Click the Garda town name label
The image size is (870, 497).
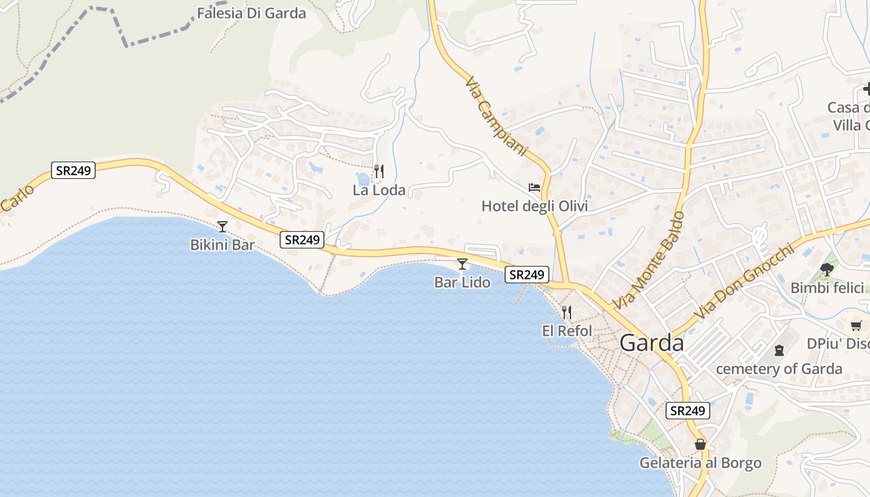coord(651,343)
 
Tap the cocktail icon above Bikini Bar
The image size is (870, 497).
coord(222,227)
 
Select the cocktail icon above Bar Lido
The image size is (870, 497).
coord(462,264)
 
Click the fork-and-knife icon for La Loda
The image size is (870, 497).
coord(378,171)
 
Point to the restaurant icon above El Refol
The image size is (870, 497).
coord(566,312)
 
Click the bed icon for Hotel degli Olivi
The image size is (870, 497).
coord(534,187)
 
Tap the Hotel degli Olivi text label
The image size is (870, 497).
coord(534,206)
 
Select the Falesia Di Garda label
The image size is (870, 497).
coord(251,13)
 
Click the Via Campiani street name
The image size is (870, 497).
coord(496,116)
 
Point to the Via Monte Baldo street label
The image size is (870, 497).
coord(649,260)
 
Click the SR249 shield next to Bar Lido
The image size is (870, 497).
coord(526,275)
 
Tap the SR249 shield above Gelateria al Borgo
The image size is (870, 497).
coord(687,411)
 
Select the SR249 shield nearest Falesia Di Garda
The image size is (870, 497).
coord(73,170)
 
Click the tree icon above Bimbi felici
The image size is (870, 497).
coord(826,269)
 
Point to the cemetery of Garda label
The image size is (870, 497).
coord(779,369)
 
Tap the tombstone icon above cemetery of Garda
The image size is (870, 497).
coord(779,350)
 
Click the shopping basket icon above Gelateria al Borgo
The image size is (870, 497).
coord(700,445)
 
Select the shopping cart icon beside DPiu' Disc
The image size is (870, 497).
coord(856,325)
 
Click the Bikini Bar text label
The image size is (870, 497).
coord(222,245)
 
